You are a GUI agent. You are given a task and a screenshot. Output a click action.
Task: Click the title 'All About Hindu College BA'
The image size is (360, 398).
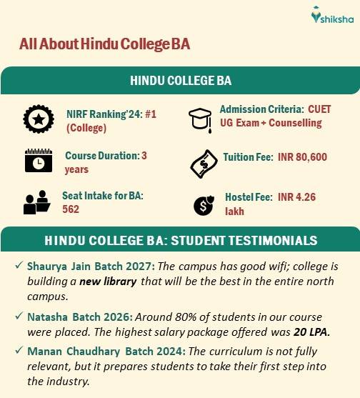pyautogui.click(x=104, y=44)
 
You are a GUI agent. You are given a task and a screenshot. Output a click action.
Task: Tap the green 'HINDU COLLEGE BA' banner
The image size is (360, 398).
pyautogui.click(x=180, y=80)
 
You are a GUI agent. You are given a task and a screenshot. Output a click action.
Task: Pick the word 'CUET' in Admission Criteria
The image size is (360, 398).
pyautogui.click(x=319, y=109)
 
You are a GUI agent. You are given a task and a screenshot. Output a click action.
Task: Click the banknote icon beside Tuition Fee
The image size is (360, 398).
pyautogui.click(x=202, y=164)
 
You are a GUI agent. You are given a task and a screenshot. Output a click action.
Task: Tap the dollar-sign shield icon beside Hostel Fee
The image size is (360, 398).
pyautogui.click(x=202, y=205)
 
